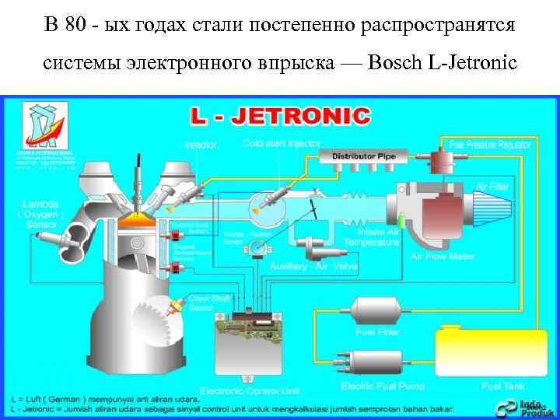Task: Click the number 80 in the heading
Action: [77, 25]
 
